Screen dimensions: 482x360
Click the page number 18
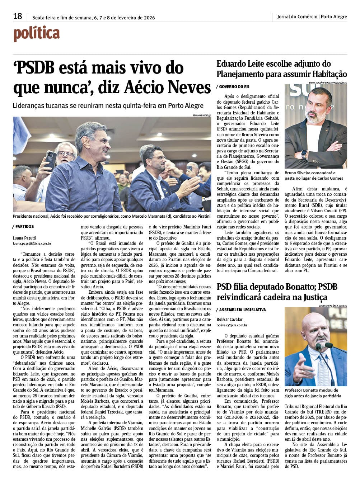pyautogui.click(x=18, y=16)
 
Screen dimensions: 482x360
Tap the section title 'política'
pyautogui.click(x=36, y=34)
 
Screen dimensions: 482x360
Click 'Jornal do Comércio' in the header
pyautogui.click(x=297, y=16)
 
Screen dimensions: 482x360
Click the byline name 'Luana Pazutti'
pyautogui.click(x=24, y=237)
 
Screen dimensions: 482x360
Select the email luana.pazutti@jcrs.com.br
pyautogui.click(x=32, y=243)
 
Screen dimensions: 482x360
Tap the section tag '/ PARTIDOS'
pyautogui.click(x=24, y=226)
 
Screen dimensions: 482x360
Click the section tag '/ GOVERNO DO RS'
pyautogui.click(x=233, y=87)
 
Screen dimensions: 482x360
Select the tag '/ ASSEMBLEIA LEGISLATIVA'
pyautogui.click(x=241, y=309)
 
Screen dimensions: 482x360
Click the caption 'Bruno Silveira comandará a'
pyautogui.click(x=310, y=173)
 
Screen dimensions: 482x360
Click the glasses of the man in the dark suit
pyautogui.click(x=158, y=158)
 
